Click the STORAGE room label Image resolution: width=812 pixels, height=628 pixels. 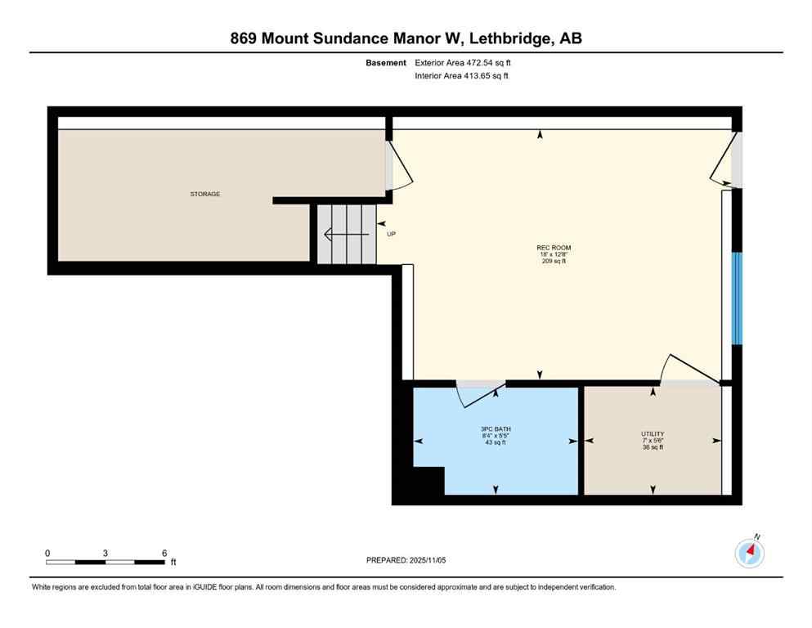[205, 194]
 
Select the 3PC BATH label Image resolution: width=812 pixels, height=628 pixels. [496, 428]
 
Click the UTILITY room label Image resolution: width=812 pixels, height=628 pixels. [653, 433]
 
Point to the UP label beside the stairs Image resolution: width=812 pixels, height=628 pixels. [391, 234]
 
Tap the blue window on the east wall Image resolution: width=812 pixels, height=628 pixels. [736, 298]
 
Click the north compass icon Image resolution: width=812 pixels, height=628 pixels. [750, 553]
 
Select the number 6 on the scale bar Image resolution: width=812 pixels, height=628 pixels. [164, 553]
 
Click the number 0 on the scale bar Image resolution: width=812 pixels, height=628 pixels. [47, 553]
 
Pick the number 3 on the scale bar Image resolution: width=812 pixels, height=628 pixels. [105, 553]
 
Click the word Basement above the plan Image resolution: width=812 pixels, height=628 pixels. [386, 62]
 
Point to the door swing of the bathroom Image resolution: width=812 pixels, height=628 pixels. [478, 394]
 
